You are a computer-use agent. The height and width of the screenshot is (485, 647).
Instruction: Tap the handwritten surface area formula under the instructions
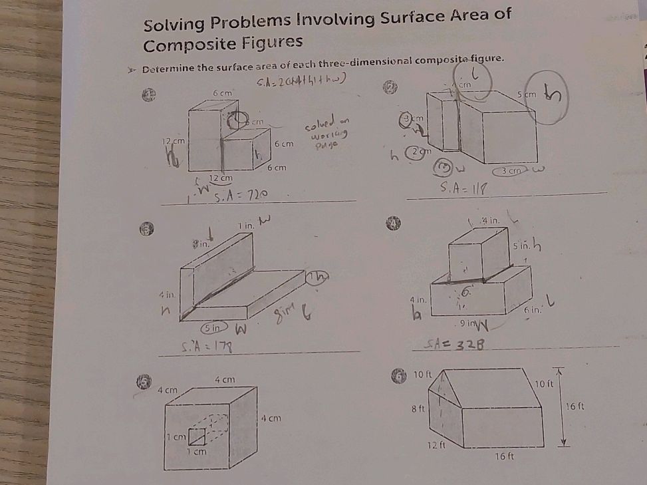point(299,81)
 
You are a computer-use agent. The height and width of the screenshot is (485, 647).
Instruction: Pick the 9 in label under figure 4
point(469,324)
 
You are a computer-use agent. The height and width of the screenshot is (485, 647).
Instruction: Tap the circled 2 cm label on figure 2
point(420,152)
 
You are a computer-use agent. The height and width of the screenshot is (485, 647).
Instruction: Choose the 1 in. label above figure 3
point(247,227)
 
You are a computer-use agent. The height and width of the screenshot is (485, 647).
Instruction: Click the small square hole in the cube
point(196,436)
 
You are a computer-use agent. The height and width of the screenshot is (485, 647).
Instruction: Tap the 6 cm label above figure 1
point(221,92)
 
